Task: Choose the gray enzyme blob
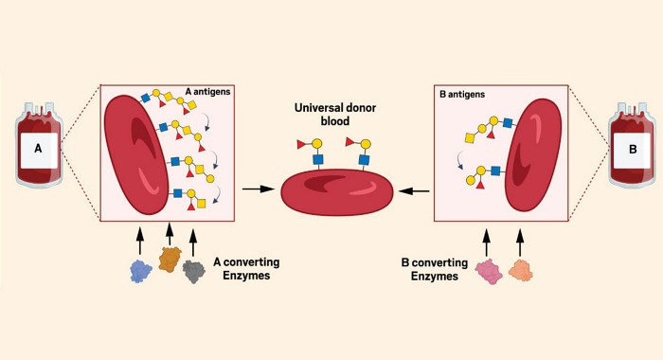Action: pos(194,271)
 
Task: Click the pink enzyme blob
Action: pos(489,272)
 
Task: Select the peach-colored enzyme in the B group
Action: pos(519,271)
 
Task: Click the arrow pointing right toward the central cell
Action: pos(253,190)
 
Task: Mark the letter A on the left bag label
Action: pos(37,151)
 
